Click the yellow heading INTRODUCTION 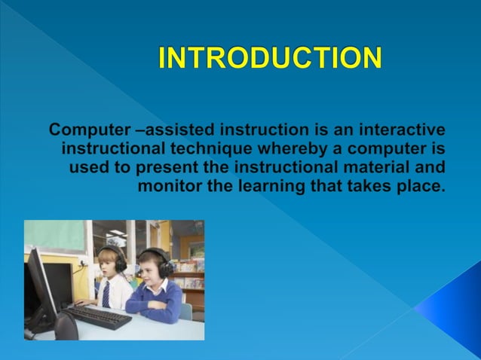click(x=270, y=59)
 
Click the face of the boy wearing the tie click(x=107, y=264)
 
